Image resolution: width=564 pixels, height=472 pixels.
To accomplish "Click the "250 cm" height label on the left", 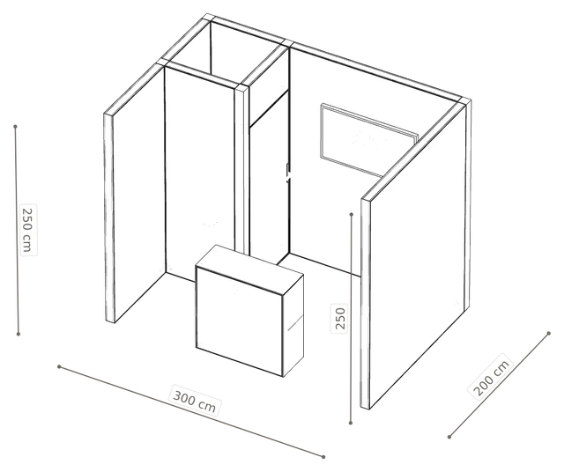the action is click(x=28, y=230).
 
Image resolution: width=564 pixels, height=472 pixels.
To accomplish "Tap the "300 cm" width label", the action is click(x=195, y=400).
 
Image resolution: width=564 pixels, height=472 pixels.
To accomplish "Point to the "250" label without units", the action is click(x=340, y=318).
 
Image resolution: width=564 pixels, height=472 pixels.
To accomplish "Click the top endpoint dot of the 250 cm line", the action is click(x=16, y=127).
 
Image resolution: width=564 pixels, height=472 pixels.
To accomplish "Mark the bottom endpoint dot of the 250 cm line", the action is click(x=19, y=334).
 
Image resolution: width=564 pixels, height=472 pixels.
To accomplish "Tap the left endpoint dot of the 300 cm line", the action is click(x=59, y=366).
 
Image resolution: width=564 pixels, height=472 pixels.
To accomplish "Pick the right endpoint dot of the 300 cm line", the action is click(x=323, y=457).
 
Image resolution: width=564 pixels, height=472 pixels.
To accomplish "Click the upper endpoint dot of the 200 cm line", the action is click(x=548, y=333).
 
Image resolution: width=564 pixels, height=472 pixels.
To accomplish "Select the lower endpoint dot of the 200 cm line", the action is click(x=449, y=437).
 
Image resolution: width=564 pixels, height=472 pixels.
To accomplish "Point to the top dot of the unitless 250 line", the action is click(x=352, y=214).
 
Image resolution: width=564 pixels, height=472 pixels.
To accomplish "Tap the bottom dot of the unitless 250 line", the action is click(x=351, y=423).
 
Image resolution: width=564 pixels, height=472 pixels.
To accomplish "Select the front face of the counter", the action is click(x=239, y=321).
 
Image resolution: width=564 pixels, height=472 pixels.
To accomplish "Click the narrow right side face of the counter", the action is click(x=293, y=325).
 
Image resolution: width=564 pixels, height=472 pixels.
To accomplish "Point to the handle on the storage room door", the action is click(x=287, y=173).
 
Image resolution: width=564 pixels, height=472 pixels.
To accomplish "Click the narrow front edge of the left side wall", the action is click(x=109, y=218).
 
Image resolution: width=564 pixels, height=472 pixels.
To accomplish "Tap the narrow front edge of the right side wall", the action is click(x=366, y=304).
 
